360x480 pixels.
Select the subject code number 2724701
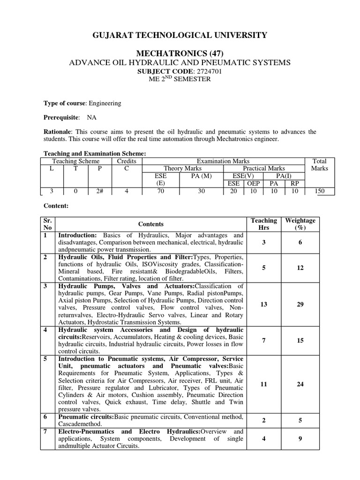pyautogui.click(x=206, y=71)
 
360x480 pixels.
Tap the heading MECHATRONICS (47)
pyautogui.click(x=180, y=53)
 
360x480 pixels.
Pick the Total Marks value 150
pyautogui.click(x=323, y=191)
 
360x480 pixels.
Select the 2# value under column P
pyautogui.click(x=99, y=191)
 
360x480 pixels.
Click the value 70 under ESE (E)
pyautogui.click(x=160, y=191)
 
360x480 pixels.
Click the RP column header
pyautogui.click(x=294, y=183)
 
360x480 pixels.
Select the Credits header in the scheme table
pyautogui.click(x=126, y=161)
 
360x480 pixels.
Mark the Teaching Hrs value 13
pyautogui.click(x=264, y=304)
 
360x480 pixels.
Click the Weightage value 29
pyautogui.click(x=300, y=304)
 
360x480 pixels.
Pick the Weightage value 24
pyautogui.click(x=300, y=384)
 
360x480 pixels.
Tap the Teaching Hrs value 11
pyautogui.click(x=264, y=384)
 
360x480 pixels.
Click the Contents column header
pyautogui.click(x=151, y=224)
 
